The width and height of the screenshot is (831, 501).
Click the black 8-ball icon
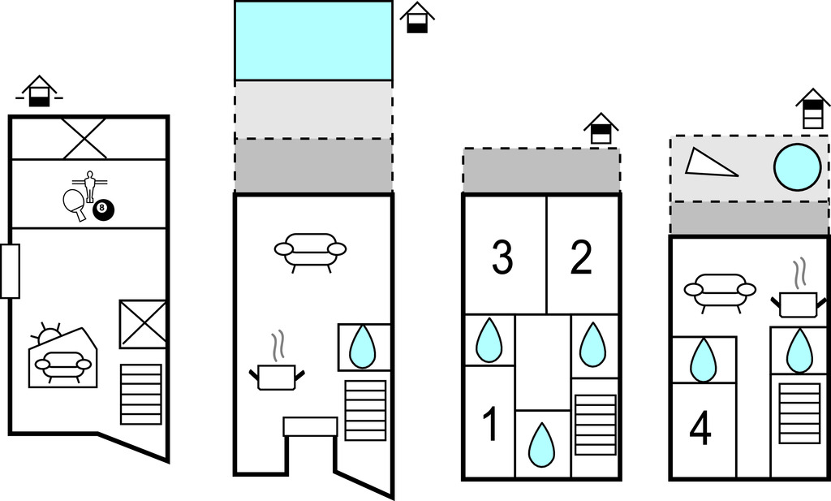(x=104, y=210)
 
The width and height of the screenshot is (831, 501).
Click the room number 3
(x=502, y=258)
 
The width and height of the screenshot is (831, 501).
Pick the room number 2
(x=581, y=258)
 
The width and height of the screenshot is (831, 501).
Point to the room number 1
(x=489, y=425)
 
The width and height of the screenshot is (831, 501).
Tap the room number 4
(x=700, y=430)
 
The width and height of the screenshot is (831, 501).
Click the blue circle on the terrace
(x=796, y=166)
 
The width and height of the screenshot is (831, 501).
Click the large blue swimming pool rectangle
(x=313, y=41)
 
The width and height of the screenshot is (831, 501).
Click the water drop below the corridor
(x=541, y=443)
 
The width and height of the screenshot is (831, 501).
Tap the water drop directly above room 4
(x=702, y=359)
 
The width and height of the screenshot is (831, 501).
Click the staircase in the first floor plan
(x=140, y=394)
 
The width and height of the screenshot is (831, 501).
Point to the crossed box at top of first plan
(x=84, y=138)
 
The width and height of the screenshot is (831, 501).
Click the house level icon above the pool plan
(x=417, y=18)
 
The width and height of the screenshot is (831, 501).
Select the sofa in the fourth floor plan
(x=719, y=291)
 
